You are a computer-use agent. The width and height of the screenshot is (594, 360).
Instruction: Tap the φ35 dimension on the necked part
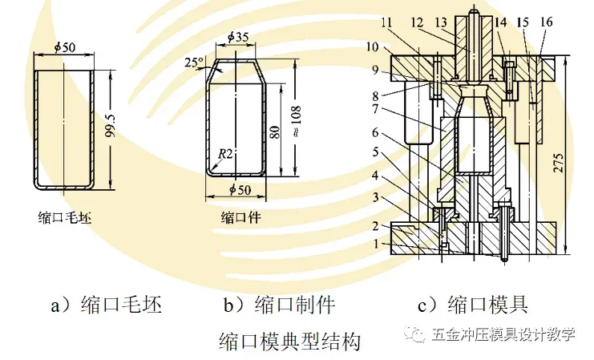pos(237,37)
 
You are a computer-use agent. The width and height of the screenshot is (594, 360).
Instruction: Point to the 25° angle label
pos(192,63)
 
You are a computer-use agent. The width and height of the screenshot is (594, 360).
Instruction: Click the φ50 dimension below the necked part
pos(237,190)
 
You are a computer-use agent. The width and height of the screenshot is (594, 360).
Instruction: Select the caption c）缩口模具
pos(473,305)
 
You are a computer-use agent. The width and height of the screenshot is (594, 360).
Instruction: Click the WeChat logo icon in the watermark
pos(416,334)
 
